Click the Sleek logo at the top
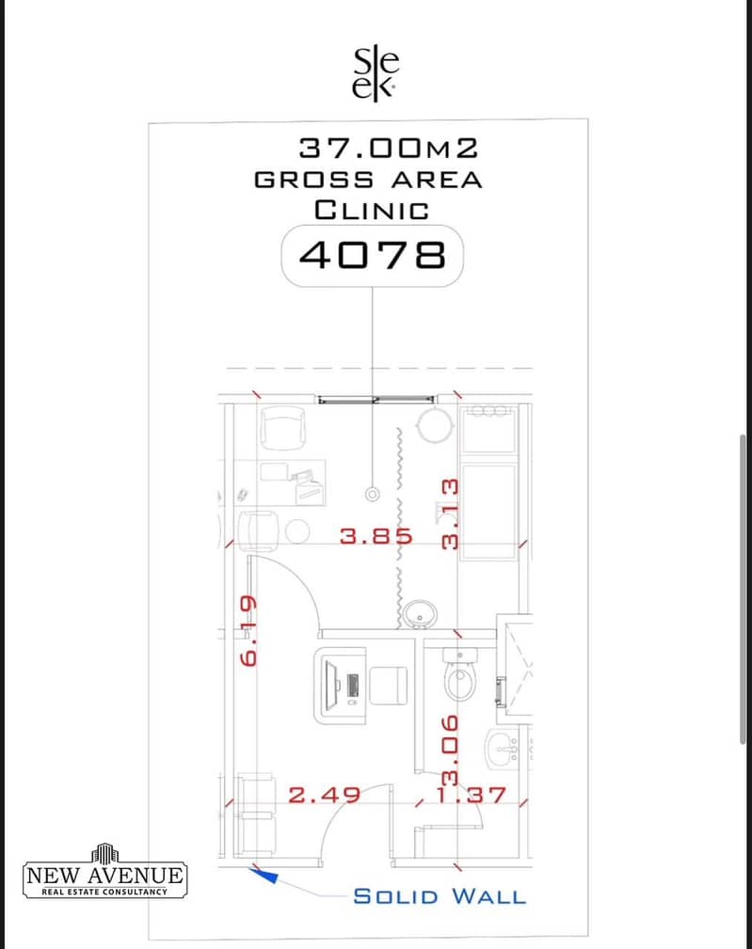[x=375, y=74]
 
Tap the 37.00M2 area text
[x=389, y=149]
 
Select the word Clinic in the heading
[x=372, y=211]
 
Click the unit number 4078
[x=373, y=255]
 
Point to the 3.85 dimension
[x=376, y=535]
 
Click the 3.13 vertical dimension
[x=450, y=514]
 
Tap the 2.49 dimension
[x=324, y=795]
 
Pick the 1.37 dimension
[x=471, y=795]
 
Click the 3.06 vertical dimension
[x=450, y=751]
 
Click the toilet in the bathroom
[x=460, y=674]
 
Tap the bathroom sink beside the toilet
[x=503, y=750]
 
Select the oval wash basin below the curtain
[x=419, y=614]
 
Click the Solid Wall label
[x=440, y=896]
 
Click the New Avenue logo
[x=104, y=871]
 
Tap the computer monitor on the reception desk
[x=331, y=685]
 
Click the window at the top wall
[x=376, y=400]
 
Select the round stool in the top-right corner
[x=436, y=424]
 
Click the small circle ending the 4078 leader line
[x=373, y=495]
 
